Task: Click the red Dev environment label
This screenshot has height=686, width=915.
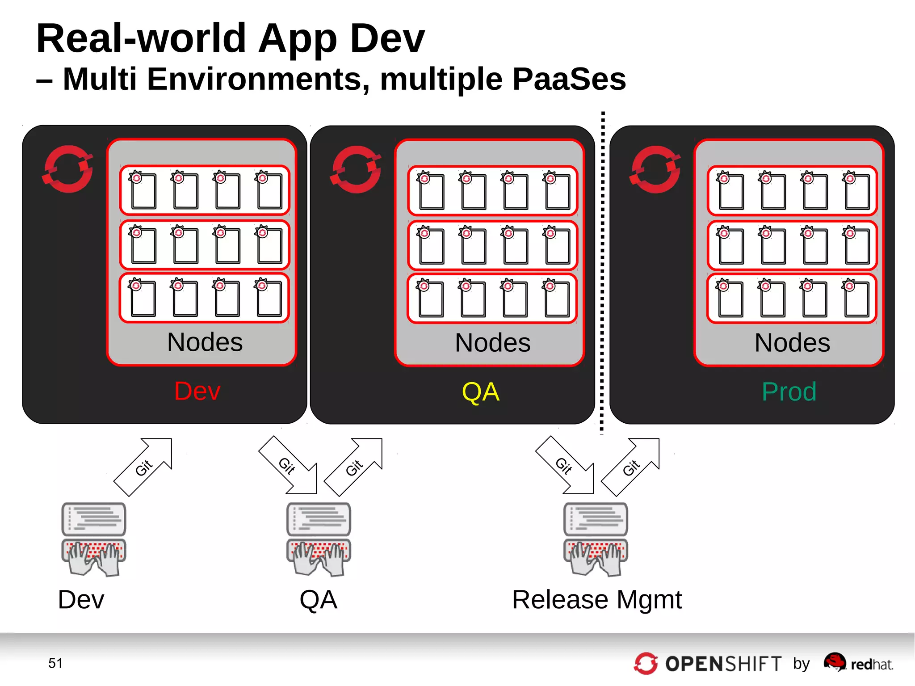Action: pos(197,391)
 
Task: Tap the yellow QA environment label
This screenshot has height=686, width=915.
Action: pos(480,392)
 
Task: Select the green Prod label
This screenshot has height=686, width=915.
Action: pos(789,392)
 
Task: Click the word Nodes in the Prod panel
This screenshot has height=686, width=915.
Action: pos(792,343)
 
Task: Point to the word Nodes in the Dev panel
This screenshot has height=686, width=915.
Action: pos(205,342)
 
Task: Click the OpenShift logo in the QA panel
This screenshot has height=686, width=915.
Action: pos(356,170)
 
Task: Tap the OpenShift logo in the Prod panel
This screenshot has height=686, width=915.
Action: pos(655,170)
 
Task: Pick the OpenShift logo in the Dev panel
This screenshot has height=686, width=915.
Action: pos(68,169)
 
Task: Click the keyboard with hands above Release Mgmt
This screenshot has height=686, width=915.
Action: pos(596,557)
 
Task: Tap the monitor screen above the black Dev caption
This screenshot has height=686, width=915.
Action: pos(94,519)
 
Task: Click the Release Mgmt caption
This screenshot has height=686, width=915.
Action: pos(597,600)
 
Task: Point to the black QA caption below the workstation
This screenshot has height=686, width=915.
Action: pos(318,600)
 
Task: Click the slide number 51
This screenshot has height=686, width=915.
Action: pos(55,663)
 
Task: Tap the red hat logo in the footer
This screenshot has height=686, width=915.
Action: pos(835,662)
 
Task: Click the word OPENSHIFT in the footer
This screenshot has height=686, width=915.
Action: pos(723,664)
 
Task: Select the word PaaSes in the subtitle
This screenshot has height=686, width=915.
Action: pos(569,79)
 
